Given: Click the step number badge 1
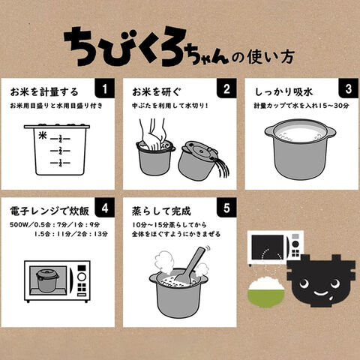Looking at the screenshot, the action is (105, 88).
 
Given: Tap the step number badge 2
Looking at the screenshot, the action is (226, 88).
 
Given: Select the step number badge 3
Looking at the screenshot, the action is (349, 88).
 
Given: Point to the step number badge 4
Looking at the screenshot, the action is (105, 208).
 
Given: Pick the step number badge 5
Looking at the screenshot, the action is (226, 208).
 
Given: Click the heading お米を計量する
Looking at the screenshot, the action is (44, 92).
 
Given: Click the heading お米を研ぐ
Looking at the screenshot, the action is (156, 92).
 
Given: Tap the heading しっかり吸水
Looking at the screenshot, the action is (283, 92).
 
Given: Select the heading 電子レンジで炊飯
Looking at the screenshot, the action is (49, 211).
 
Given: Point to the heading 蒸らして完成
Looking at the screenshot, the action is (161, 211).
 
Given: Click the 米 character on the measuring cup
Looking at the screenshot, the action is (43, 136).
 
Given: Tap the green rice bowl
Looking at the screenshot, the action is (266, 292).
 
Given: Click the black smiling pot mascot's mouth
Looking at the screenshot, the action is (321, 293).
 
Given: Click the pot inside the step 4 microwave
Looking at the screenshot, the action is (47, 280).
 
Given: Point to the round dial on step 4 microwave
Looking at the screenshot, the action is (82, 277).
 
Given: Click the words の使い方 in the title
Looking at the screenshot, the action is (262, 58).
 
